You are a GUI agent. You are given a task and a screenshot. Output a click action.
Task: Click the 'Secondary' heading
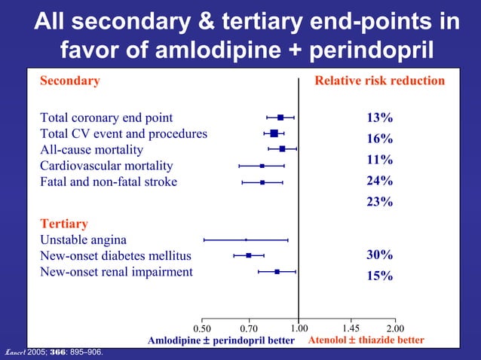(69, 81)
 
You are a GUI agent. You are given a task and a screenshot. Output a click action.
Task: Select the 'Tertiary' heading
(63, 224)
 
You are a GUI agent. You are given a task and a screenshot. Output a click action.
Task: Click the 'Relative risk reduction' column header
(379, 81)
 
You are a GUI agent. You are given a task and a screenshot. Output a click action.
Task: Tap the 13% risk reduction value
(379, 117)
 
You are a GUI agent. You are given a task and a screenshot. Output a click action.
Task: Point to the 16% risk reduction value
(379, 139)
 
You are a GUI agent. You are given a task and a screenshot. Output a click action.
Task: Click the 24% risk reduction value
(379, 181)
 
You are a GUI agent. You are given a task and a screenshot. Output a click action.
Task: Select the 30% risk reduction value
(379, 255)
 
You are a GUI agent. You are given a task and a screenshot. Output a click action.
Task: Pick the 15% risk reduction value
(379, 276)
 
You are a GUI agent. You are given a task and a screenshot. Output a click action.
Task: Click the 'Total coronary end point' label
(106, 117)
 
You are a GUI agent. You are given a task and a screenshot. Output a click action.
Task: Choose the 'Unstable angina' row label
(83, 240)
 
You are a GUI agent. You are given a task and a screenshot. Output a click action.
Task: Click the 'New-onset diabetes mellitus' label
(116, 256)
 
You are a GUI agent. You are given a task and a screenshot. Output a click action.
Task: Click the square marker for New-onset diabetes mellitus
(248, 255)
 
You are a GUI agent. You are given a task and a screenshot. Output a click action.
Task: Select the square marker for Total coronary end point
(280, 117)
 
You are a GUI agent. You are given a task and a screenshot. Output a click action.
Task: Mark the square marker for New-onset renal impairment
(277, 271)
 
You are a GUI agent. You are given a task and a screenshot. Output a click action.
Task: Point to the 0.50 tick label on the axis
(203, 328)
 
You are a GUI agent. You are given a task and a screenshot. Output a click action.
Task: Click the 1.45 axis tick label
(351, 328)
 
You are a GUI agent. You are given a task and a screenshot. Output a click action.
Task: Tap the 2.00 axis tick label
(395, 328)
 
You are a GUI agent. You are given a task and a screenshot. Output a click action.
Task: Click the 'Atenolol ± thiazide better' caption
(366, 340)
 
